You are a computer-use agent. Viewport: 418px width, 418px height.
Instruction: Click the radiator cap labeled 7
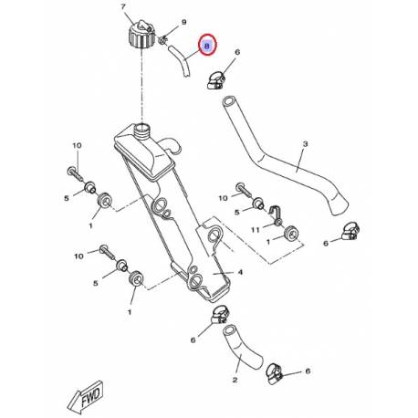click(141, 34)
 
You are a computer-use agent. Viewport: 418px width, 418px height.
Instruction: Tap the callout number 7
click(123, 7)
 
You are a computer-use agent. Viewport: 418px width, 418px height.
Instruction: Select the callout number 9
click(183, 22)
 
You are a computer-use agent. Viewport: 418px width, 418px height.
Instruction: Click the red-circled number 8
click(207, 46)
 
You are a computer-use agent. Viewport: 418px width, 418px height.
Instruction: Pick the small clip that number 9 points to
click(163, 40)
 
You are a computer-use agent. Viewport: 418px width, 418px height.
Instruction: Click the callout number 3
click(305, 143)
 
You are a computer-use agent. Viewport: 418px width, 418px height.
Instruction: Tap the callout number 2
click(235, 380)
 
